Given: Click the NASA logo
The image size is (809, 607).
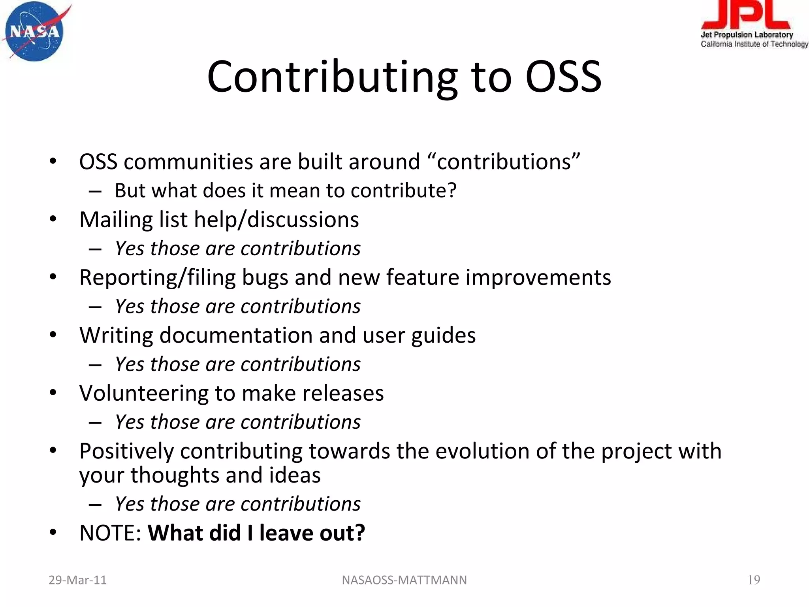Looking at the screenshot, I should tap(35, 32).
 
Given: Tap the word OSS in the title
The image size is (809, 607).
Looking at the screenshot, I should tap(563, 77).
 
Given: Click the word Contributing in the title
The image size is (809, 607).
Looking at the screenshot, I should tap(332, 77).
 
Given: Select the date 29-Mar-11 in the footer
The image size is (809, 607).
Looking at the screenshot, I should tap(77, 580).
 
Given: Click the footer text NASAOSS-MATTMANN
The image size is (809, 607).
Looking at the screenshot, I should tap(404, 580).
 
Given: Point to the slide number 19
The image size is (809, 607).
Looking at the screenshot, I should tap(754, 580).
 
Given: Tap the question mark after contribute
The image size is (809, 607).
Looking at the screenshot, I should tap(452, 190).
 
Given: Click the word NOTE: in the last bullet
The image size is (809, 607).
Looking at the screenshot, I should tap(110, 533).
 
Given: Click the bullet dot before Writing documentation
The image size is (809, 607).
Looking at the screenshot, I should tap(53, 335).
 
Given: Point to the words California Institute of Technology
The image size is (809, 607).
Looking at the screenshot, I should tap(754, 44).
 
